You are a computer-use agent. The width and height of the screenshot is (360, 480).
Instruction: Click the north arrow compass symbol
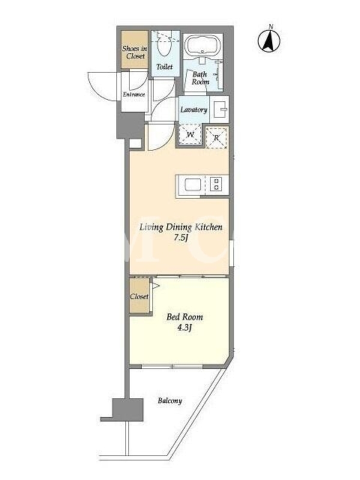click(x=269, y=41)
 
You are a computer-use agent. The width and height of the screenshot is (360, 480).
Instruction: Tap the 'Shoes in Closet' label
click(x=134, y=52)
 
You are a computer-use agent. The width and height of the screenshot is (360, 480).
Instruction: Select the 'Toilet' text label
click(x=164, y=67)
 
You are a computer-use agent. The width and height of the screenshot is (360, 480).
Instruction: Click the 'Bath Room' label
click(x=200, y=78)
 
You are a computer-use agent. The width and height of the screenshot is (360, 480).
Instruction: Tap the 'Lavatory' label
click(x=194, y=110)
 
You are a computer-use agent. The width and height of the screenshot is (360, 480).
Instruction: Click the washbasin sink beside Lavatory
click(x=220, y=109)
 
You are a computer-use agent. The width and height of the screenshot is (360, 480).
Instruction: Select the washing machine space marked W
click(x=190, y=134)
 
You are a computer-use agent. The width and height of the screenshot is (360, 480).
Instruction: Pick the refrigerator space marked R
click(x=217, y=137)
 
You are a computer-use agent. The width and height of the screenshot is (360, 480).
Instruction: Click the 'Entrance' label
click(x=134, y=94)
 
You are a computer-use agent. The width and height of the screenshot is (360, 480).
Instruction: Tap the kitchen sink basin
click(x=193, y=185)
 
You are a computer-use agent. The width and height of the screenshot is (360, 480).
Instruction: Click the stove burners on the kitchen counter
click(x=216, y=184)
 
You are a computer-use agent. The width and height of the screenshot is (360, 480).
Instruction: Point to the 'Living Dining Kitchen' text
click(x=181, y=227)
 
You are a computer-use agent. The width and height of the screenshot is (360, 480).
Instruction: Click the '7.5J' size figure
click(x=181, y=238)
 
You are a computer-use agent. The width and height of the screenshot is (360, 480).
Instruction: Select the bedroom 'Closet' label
click(x=139, y=296)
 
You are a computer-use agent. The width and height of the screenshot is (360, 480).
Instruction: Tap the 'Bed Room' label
click(x=185, y=317)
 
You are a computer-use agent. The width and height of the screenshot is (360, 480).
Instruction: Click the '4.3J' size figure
click(x=185, y=328)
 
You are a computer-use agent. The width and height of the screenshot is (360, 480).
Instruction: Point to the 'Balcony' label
click(x=170, y=401)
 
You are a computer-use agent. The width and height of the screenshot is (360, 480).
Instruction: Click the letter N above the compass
click(x=271, y=27)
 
